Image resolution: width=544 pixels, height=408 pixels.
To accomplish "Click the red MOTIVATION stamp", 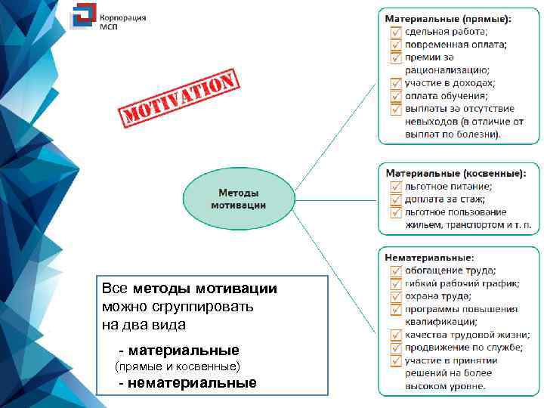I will pyautogui.click(x=179, y=99).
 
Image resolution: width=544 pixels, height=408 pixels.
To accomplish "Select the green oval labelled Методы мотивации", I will pyautogui.click(x=237, y=199).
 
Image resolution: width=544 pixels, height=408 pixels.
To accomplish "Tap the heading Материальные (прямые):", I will pyautogui.click(x=447, y=18).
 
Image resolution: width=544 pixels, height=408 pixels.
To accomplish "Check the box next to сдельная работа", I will pyautogui.click(x=395, y=32).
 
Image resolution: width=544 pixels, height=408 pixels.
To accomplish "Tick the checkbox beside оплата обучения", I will pyautogui.click(x=395, y=96).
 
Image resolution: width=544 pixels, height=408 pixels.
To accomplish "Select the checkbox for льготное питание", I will pyautogui.click(x=395, y=186).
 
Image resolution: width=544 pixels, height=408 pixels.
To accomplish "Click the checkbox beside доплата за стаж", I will pyautogui.click(x=395, y=199).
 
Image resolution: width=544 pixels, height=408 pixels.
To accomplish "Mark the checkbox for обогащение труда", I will pyautogui.click(x=395, y=270).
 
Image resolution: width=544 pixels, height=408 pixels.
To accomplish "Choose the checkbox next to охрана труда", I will pyautogui.click(x=395, y=296).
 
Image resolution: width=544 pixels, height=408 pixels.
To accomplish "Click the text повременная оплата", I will pyautogui.click(x=455, y=45).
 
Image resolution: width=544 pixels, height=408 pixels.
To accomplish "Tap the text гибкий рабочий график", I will pyautogui.click(x=461, y=283).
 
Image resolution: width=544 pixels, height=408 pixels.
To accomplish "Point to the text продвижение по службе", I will pyautogui.click(x=462, y=348).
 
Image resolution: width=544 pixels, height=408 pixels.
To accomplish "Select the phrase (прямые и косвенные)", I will pyautogui.click(x=175, y=366).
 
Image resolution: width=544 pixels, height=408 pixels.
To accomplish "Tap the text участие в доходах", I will pyautogui.click(x=450, y=83).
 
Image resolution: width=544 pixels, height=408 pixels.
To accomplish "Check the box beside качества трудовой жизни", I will pyautogui.click(x=395, y=335).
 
